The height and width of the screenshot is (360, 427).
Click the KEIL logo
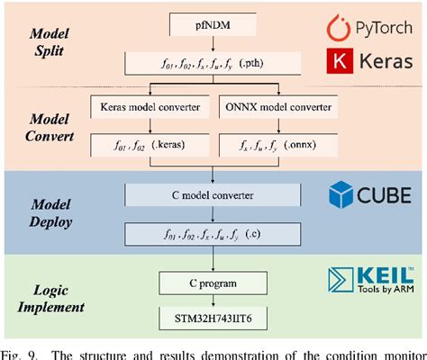[x=374, y=278]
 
